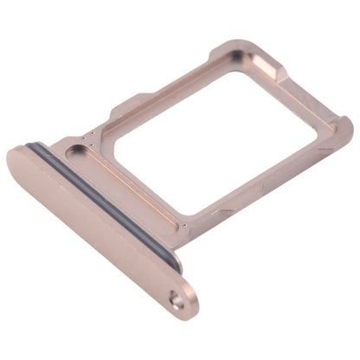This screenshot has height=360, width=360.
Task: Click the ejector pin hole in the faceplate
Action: (x=177, y=302)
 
